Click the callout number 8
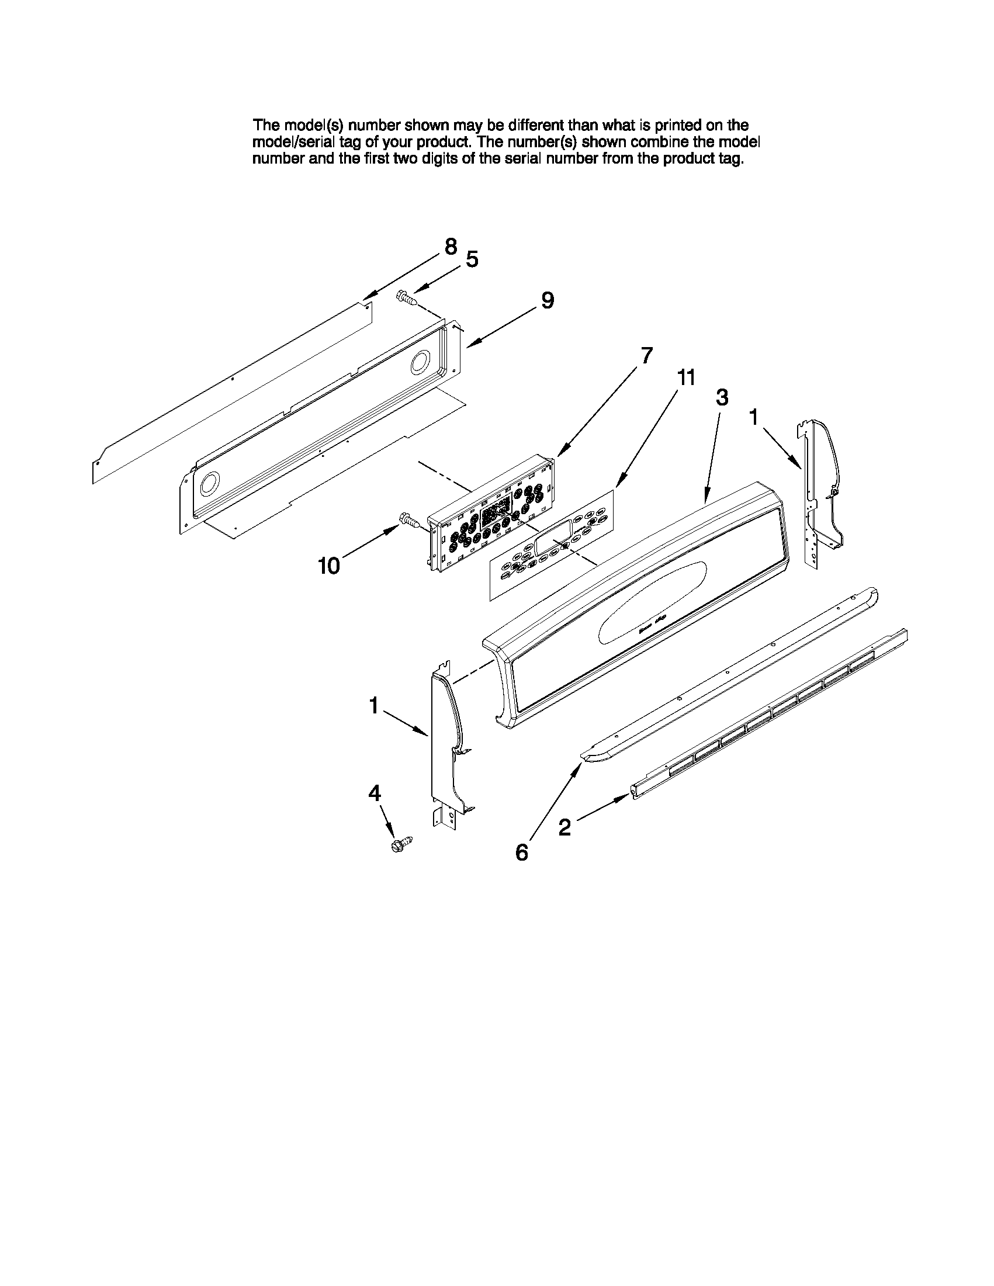coord(451,247)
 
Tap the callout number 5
coord(472,259)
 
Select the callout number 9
coord(548,301)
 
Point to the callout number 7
coord(646,356)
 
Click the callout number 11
coord(685,377)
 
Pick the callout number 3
coord(722,397)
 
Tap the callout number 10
coord(328,566)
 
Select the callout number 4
coord(375,793)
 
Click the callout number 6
coord(522,852)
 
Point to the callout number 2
coord(564,828)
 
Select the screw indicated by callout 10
coord(409,519)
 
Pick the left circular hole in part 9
coord(209,484)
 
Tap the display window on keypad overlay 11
coord(553,536)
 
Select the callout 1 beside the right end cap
coord(753,418)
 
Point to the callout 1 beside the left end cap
coord(373,705)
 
